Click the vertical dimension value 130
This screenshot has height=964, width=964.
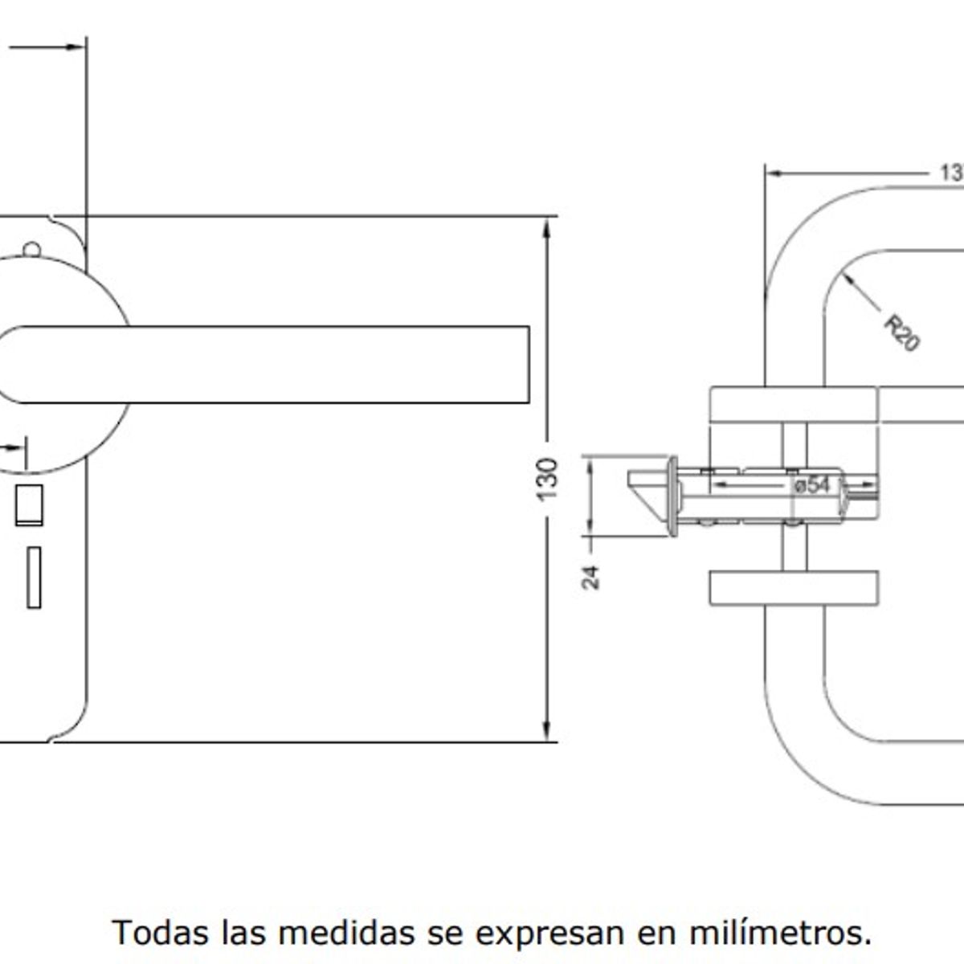547,479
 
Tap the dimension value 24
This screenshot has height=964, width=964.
591,577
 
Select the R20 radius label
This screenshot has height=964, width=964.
901,333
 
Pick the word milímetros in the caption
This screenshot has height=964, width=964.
779,933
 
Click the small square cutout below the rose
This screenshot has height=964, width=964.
29,504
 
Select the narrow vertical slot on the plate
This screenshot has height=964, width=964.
34,577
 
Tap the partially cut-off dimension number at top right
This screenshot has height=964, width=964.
951,173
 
